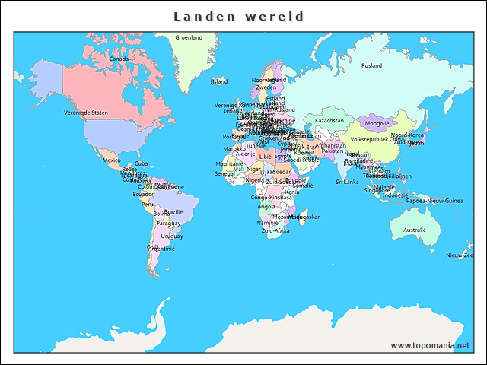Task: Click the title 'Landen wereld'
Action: tap(239, 17)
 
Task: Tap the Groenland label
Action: tap(189, 37)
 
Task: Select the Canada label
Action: tap(119, 59)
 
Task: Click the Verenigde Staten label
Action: tap(86, 113)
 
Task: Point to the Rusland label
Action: tap(371, 66)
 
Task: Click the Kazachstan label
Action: tap(329, 120)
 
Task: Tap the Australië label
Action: tap(415, 230)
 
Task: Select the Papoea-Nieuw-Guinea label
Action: tap(434, 201)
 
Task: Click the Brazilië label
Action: tap(173, 212)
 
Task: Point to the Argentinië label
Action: tap(161, 249)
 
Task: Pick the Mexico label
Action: tap(111, 160)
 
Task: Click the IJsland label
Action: tap(219, 81)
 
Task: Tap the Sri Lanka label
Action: tap(347, 182)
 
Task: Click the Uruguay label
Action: tap(172, 236)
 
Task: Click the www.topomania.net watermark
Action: tap(430, 345)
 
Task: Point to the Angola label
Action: tap(267, 206)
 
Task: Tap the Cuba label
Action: tap(142, 163)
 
